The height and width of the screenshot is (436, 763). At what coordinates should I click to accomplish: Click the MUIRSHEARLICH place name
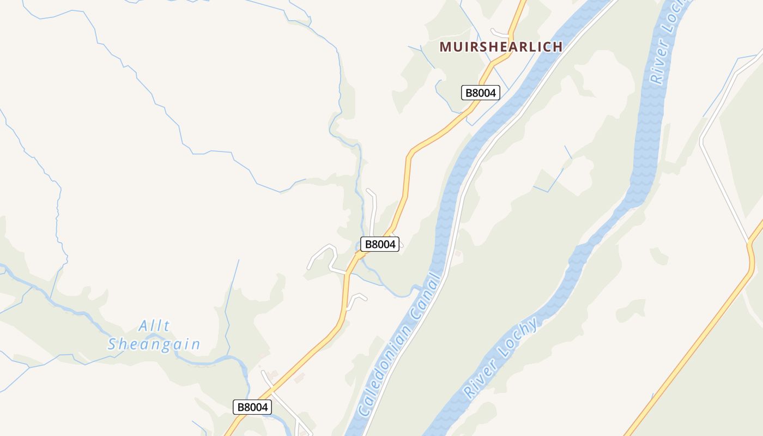501,47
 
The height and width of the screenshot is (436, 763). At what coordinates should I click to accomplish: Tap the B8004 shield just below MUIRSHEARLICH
480,93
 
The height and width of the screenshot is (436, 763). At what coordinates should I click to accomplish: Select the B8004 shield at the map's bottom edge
252,407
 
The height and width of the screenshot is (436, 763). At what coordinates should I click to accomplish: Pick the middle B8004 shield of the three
380,244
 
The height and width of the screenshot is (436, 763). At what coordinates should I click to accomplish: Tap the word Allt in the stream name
154,326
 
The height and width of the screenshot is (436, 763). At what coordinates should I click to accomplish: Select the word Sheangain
154,344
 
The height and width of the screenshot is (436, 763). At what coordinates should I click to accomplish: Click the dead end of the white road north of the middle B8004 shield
368,191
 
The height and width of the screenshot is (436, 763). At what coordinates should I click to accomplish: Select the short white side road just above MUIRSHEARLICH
499,33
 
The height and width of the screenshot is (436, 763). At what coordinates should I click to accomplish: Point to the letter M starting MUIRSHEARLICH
445,47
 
